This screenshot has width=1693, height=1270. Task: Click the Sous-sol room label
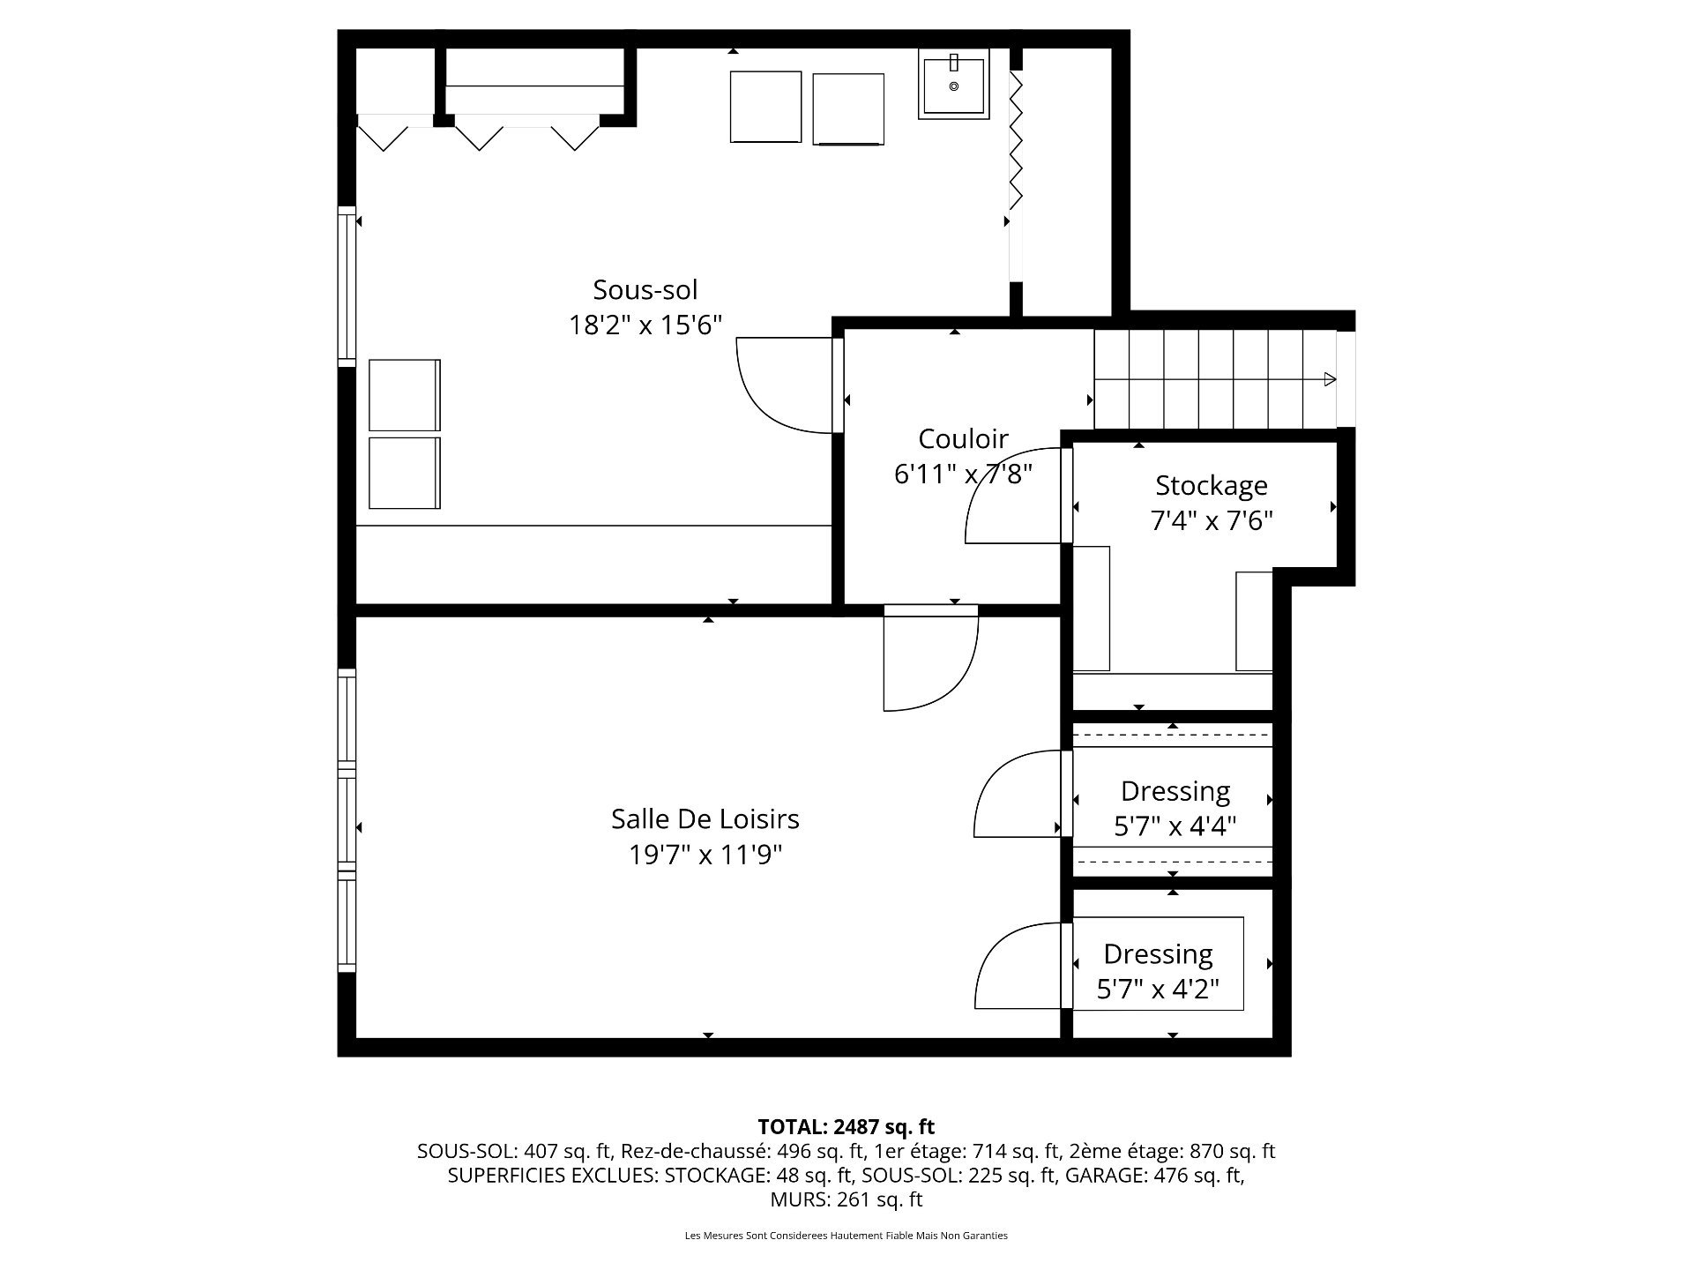pos(645,289)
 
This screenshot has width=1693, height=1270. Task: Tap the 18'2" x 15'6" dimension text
pos(645,325)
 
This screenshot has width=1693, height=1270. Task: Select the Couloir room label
pos(963,438)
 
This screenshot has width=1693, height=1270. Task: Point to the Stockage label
pos(1211,485)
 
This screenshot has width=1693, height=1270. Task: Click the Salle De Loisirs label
pos(705,818)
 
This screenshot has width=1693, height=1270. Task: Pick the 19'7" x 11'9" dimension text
pos(705,855)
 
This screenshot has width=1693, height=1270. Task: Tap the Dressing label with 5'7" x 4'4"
pos(1175,790)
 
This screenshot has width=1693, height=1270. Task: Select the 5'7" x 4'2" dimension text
pos(1157,990)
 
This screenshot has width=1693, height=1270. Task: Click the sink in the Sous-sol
pos(953,84)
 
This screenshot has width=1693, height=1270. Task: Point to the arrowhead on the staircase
pos(1330,380)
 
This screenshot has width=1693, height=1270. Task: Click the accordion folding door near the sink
pos(1016,141)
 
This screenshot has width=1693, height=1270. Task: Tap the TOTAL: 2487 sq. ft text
pos(846,1126)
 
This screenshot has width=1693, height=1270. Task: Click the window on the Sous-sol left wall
pos(347,287)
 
